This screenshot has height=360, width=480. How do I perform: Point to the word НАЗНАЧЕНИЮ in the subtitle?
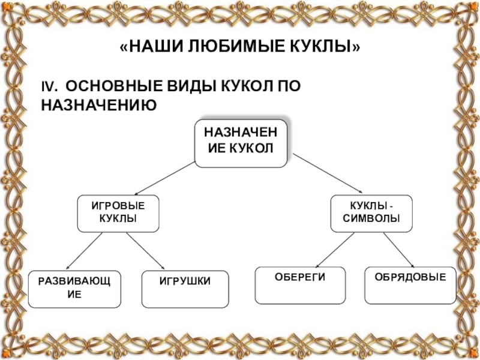[x=98, y=106]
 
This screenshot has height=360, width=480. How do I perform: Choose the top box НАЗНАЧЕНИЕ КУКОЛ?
[x=240, y=142]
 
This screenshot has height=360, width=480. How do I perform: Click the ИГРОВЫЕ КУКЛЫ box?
[x=118, y=213]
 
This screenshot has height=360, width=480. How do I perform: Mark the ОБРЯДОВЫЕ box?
[x=410, y=285]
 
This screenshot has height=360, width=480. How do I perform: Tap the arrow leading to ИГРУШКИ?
[x=145, y=251]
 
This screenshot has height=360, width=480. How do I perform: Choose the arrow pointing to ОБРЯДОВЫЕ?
[x=400, y=250]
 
